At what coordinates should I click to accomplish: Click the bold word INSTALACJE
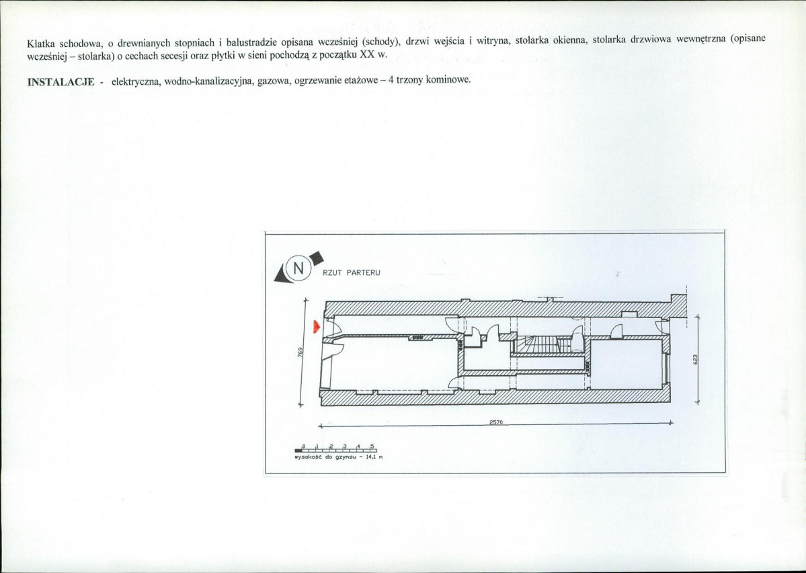click(61, 81)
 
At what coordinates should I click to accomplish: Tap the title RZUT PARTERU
click(352, 272)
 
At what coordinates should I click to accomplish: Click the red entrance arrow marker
click(315, 327)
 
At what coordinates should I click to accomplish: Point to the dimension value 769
click(302, 352)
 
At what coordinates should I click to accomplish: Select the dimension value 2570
click(496, 422)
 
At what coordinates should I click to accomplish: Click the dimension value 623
click(696, 360)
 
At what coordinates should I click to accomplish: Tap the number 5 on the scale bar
click(371, 446)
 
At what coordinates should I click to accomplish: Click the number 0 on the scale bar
click(304, 446)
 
